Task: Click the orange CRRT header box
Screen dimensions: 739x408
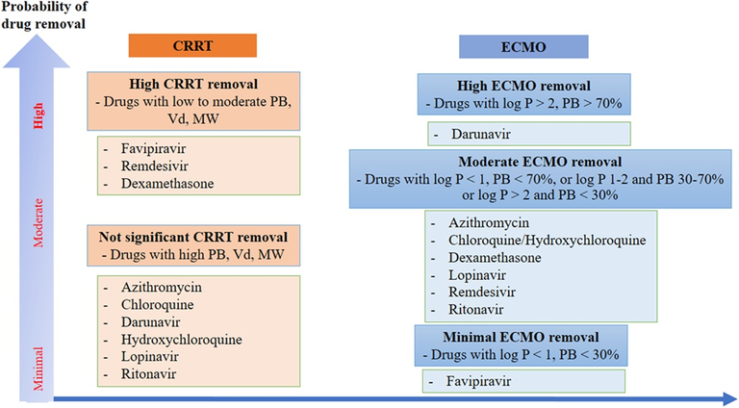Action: pyautogui.click(x=192, y=45)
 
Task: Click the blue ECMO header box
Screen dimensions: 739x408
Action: pyautogui.click(x=523, y=47)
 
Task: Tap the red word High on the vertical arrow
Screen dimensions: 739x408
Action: pyautogui.click(x=38, y=115)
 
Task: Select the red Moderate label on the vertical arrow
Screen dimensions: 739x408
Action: pyautogui.click(x=38, y=222)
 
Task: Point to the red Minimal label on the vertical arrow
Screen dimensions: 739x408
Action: pyautogui.click(x=38, y=369)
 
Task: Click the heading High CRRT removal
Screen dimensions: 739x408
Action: pyautogui.click(x=193, y=85)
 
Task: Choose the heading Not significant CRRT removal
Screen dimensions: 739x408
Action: pyautogui.click(x=193, y=237)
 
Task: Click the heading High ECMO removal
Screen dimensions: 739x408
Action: pyautogui.click(x=523, y=87)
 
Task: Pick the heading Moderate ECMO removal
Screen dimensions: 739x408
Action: pyautogui.click(x=540, y=162)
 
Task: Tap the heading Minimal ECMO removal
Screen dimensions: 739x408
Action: pyautogui.click(x=521, y=338)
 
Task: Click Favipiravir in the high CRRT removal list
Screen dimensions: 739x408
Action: pyautogui.click(x=153, y=149)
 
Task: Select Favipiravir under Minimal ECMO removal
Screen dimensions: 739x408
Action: pyautogui.click(x=478, y=381)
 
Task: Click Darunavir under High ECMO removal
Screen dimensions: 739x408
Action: pyautogui.click(x=481, y=135)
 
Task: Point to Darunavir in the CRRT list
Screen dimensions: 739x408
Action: pyautogui.click(x=150, y=322)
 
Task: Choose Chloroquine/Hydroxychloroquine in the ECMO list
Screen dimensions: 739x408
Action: pyautogui.click(x=548, y=241)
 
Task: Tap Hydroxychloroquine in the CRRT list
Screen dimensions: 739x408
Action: pyautogui.click(x=182, y=340)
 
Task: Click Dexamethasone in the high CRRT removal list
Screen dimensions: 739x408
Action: pyautogui.click(x=167, y=183)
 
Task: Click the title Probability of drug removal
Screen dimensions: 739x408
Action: pyautogui.click(x=44, y=15)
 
